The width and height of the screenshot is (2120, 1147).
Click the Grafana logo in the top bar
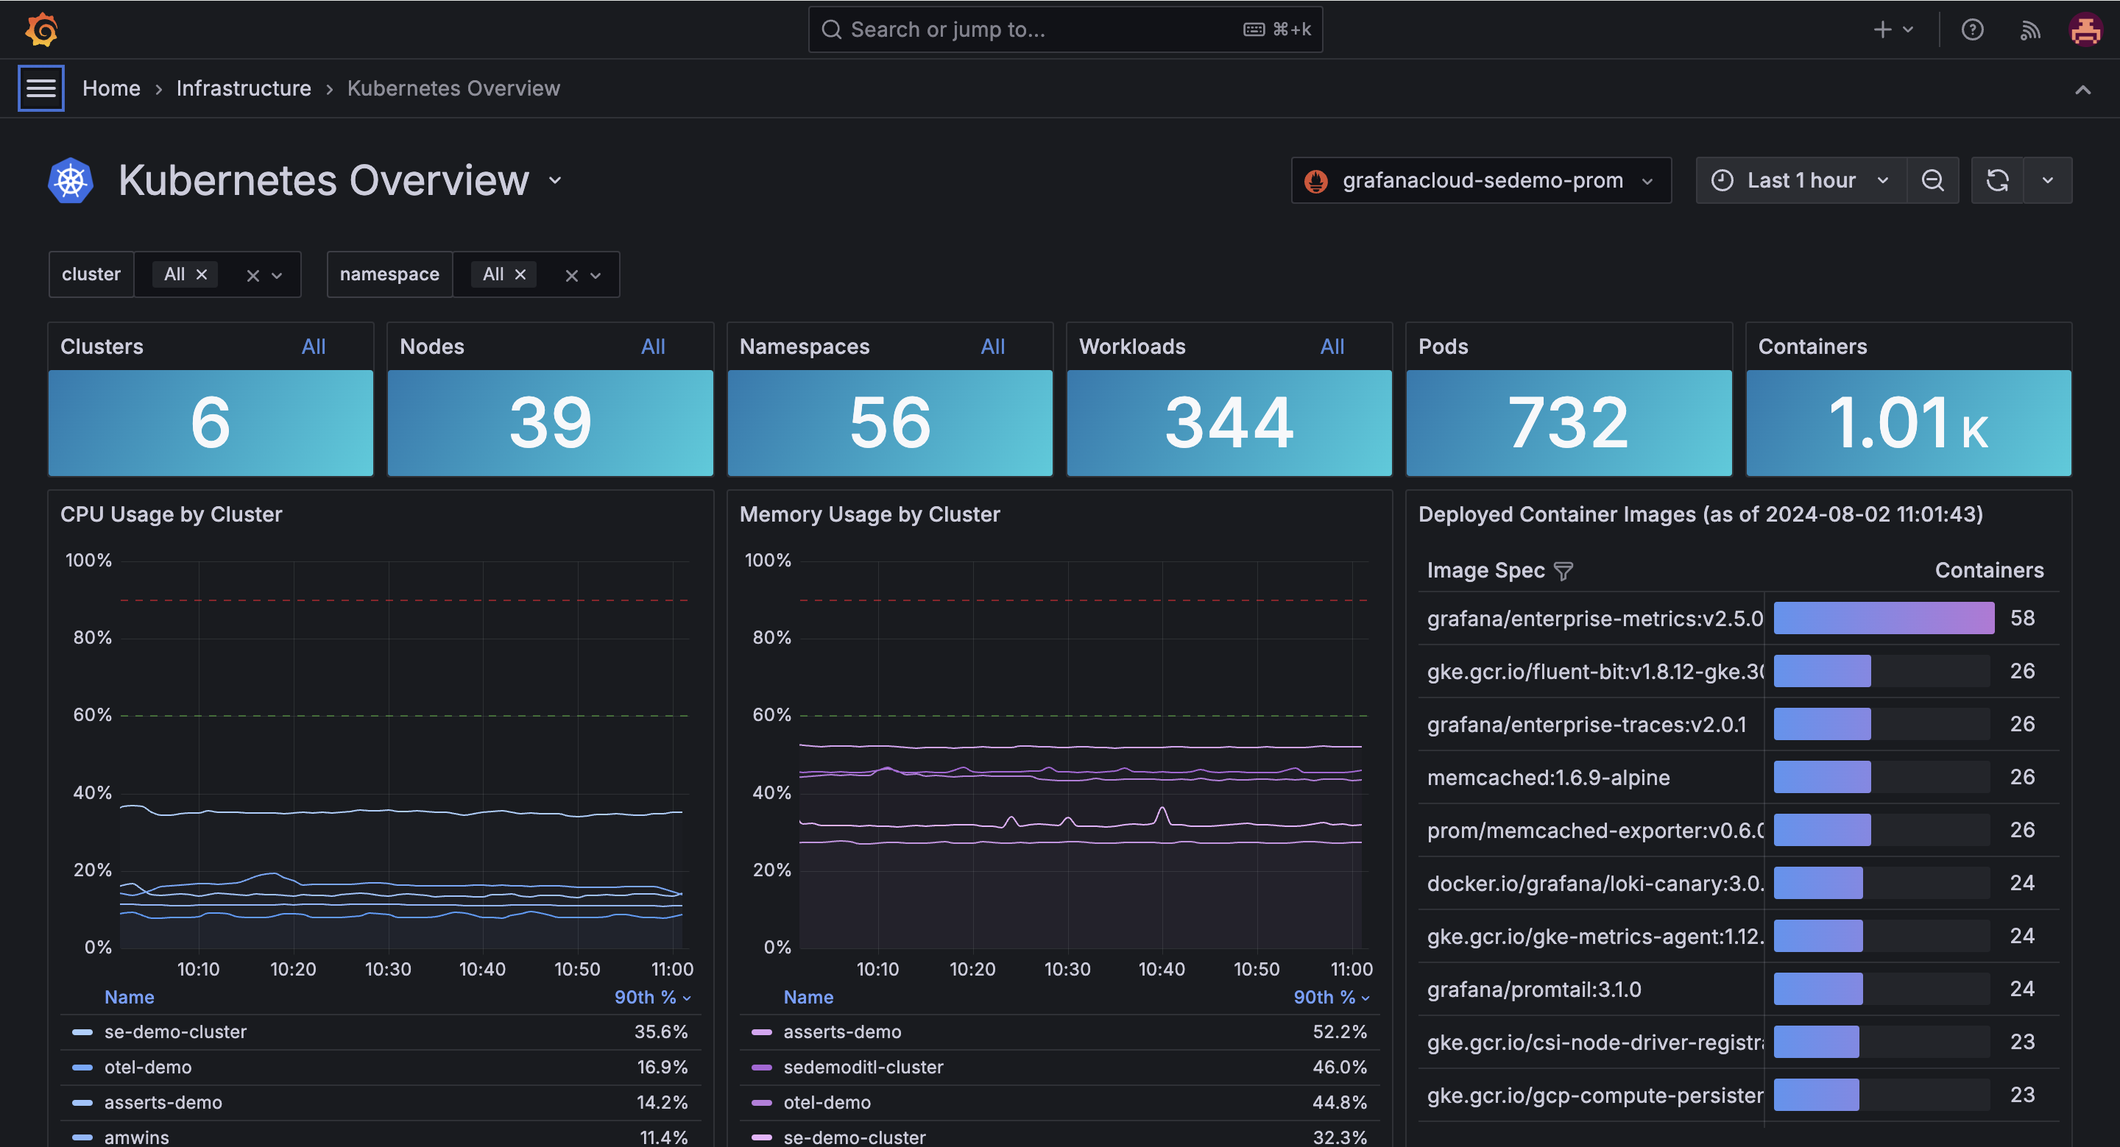tap(41, 29)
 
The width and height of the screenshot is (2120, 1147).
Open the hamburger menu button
tap(41, 88)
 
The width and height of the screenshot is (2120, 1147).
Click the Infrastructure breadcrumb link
tap(244, 88)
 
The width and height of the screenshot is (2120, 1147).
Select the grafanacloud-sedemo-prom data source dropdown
tap(1480, 180)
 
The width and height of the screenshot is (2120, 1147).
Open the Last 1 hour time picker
tap(1800, 180)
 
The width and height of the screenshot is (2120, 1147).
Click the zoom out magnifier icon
tap(1932, 180)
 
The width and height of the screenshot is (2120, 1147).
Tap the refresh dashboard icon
tap(1997, 180)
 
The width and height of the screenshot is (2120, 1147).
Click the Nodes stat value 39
tap(550, 422)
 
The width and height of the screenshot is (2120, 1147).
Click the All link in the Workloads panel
tap(1332, 347)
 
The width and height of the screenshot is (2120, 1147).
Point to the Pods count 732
tap(1568, 422)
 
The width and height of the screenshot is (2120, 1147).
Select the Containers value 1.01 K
tap(1908, 422)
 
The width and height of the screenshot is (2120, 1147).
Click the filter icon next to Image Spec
tap(1563, 571)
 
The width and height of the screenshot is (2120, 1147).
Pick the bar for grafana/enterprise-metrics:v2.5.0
tap(1883, 618)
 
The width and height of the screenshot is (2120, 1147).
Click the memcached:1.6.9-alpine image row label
tap(1548, 778)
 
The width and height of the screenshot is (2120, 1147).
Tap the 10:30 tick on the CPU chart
tap(388, 969)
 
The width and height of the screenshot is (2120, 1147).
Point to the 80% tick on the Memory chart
tap(771, 638)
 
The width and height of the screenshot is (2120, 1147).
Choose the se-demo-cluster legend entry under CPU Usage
tap(175, 1031)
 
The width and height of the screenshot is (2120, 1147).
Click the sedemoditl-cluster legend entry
tap(863, 1068)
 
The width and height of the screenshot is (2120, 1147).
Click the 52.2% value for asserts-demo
tap(1339, 1031)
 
